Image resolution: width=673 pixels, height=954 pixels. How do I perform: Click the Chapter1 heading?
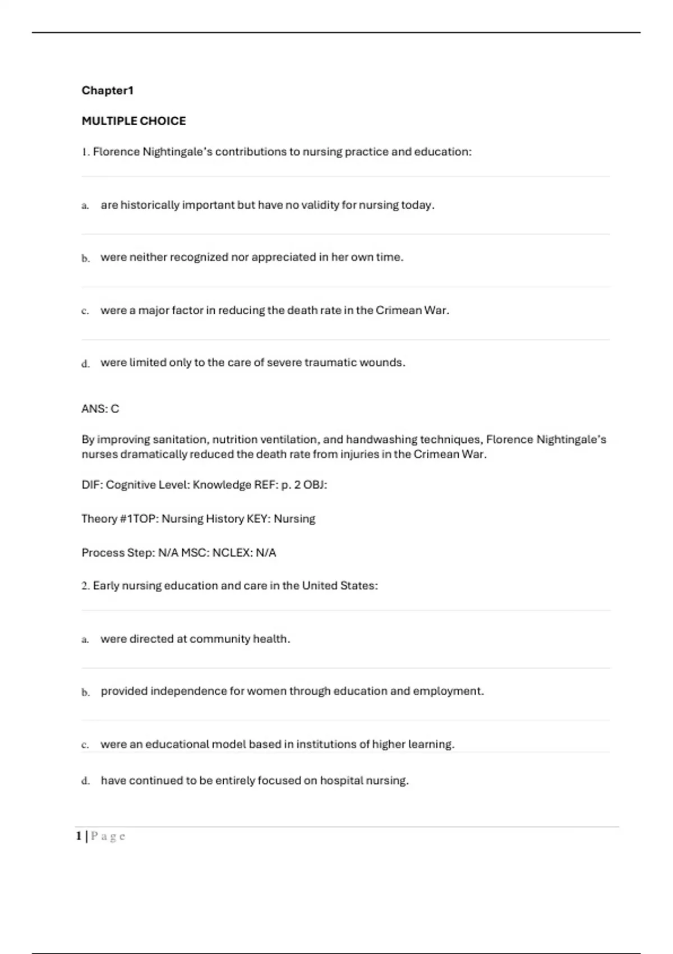click(108, 90)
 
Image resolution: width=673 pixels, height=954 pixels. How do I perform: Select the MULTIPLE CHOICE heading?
click(133, 121)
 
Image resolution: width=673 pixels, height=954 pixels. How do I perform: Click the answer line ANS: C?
click(100, 409)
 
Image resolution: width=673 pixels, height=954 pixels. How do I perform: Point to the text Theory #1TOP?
click(118, 519)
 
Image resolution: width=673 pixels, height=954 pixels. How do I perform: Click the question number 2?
click(85, 586)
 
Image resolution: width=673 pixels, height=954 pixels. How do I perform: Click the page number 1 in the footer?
click(79, 836)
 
